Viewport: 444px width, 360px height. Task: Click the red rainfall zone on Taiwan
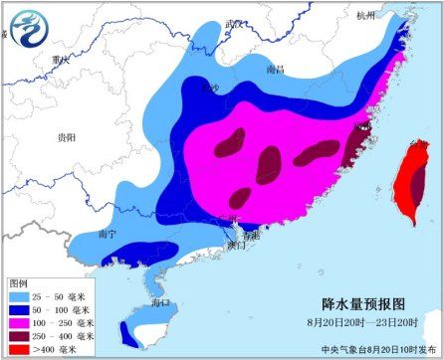pyautogui.click(x=408, y=184)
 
